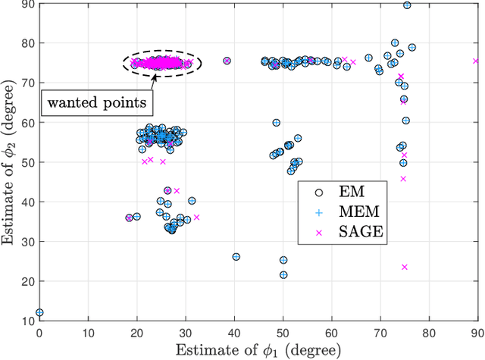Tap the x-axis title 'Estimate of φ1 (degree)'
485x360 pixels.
click(258, 350)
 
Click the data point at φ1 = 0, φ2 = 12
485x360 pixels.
click(39, 312)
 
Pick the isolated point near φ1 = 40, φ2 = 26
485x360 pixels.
click(236, 257)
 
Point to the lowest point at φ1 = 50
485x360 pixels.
click(283, 275)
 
